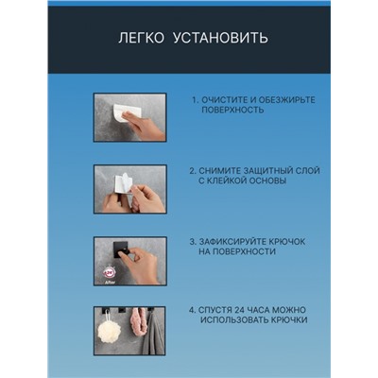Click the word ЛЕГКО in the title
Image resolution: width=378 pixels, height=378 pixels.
[141, 38]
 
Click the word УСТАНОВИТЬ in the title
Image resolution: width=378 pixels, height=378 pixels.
[221, 38]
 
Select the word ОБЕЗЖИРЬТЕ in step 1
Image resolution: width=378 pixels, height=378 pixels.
[286, 100]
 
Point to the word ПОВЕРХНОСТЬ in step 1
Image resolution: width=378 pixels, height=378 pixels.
[232, 110]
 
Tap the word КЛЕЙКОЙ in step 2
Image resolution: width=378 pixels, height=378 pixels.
[227, 180]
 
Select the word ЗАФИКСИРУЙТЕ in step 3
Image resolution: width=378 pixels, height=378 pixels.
[232, 242]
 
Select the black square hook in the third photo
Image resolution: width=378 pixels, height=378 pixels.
[121, 249]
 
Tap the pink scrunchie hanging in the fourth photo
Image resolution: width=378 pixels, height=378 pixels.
[136, 327]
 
